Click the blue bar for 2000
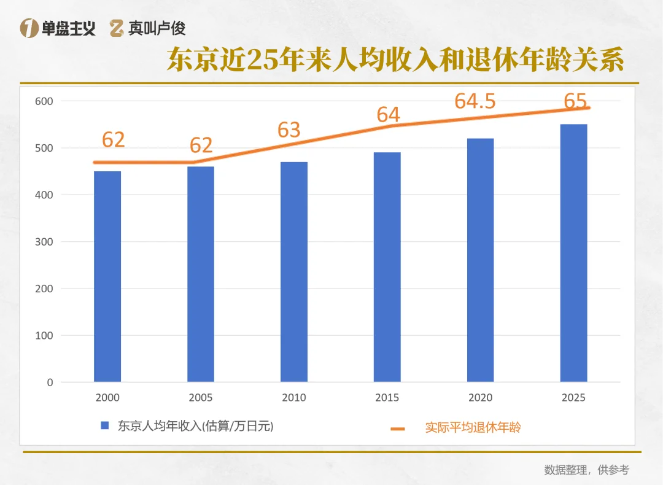[x=107, y=276]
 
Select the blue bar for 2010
[x=294, y=272]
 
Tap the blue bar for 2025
[x=573, y=253]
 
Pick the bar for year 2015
[x=387, y=267]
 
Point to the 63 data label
[x=289, y=130]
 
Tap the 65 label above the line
[x=575, y=101]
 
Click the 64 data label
[x=388, y=115]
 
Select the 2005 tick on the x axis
[x=201, y=398]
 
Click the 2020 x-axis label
[x=480, y=398]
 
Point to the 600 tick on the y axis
[x=44, y=101]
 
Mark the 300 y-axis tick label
[x=44, y=242]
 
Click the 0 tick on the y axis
[x=50, y=382]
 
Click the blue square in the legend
[x=105, y=425]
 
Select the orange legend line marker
[x=398, y=428]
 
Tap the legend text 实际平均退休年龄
[x=473, y=427]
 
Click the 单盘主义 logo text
[x=68, y=28]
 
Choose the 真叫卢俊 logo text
[x=157, y=28]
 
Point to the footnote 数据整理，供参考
[x=586, y=470]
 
